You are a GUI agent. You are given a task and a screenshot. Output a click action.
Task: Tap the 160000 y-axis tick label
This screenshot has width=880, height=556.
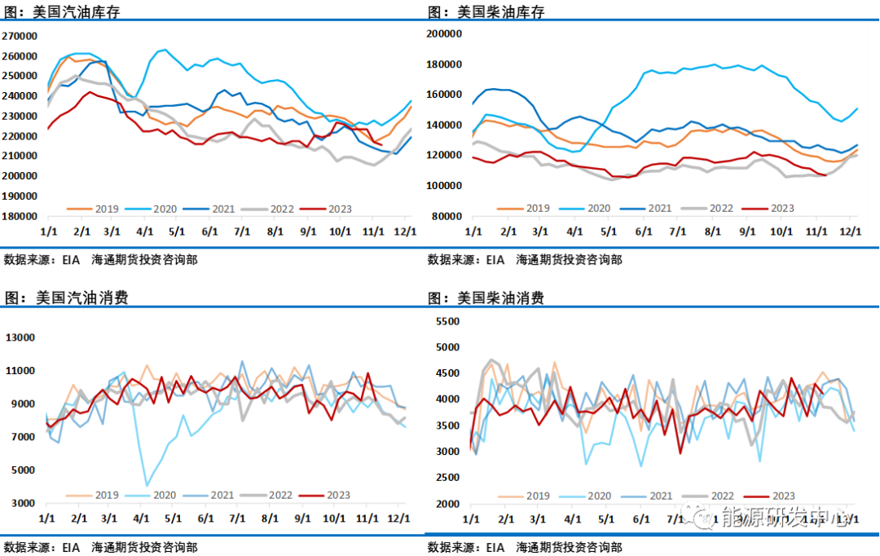coord(445,95)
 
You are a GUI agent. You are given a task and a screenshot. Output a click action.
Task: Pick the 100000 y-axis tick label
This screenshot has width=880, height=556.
coord(445,186)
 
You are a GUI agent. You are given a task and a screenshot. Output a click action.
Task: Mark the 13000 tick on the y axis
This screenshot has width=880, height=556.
coord(20,338)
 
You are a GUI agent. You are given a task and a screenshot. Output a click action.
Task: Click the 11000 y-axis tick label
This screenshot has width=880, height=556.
coord(20,371)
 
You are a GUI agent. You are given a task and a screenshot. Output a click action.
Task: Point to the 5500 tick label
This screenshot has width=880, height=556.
coord(449,322)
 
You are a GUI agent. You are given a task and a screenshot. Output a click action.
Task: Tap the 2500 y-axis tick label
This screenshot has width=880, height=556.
coord(449,478)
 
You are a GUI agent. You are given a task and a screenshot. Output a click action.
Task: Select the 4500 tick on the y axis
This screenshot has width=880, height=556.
coord(449,374)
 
